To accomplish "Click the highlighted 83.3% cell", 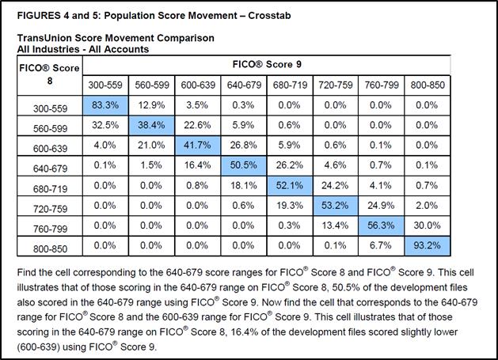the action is (105, 105).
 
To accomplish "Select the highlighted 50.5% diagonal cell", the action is (244, 165).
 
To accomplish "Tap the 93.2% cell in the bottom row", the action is (428, 246).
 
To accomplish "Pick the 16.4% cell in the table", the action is (197, 165).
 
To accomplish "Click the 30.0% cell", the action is (428, 225).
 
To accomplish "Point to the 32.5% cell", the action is (105, 125).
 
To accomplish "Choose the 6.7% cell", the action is (381, 246).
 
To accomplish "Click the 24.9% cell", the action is (381, 206).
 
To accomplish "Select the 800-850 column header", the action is (428, 85).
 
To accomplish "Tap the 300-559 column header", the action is (105, 85).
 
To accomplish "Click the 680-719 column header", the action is (290, 85).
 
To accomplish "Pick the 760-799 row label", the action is (50, 229).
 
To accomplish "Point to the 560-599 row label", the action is (50, 128).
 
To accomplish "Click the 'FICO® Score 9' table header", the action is (267, 64).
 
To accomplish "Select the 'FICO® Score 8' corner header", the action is (50, 74).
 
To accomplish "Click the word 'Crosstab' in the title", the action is (269, 16).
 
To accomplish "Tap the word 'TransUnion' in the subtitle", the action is (43, 38).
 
